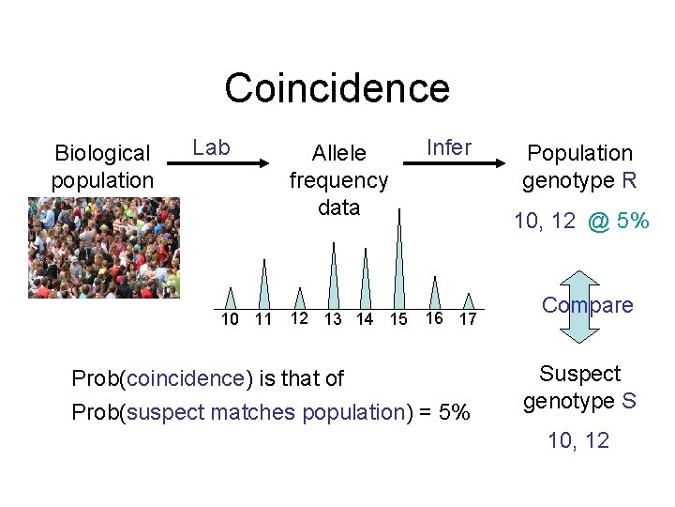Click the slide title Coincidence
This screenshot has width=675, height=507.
point(337,88)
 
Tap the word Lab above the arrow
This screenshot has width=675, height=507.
point(211,147)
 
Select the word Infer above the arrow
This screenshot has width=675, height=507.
point(449,147)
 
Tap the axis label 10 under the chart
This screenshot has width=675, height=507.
point(230,319)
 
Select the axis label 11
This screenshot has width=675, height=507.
point(263,319)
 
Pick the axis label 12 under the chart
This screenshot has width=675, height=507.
point(298,317)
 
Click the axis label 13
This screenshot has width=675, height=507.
point(332,320)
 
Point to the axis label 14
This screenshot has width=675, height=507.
point(365,319)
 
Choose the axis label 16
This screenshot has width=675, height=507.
point(433,317)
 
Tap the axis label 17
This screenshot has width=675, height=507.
point(467,320)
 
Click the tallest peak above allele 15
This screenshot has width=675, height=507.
point(399,263)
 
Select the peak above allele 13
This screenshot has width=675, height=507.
point(333,277)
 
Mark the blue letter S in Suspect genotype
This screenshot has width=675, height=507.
point(628,401)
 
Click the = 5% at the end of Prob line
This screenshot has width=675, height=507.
point(448,412)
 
